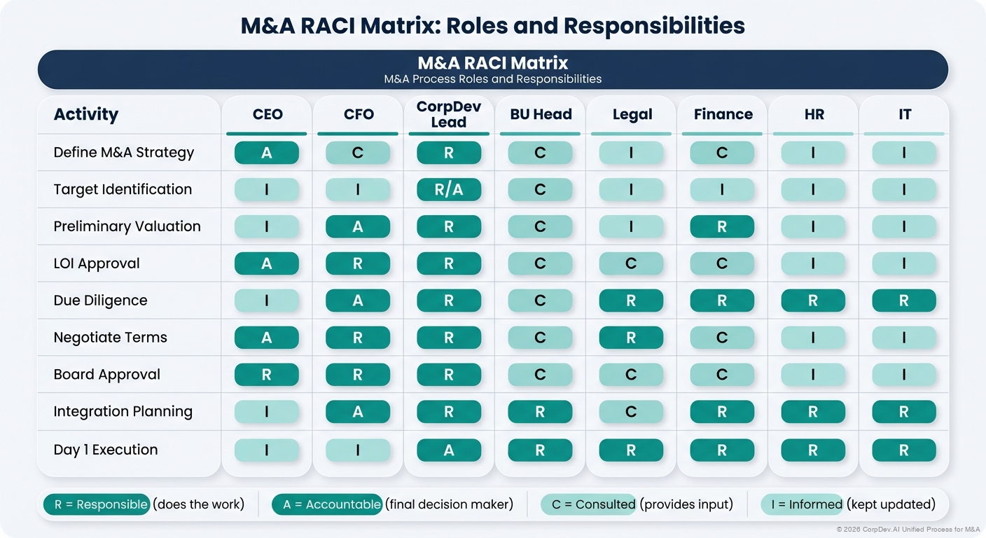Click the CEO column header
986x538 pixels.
pos(267,114)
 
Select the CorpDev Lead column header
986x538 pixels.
pos(448,114)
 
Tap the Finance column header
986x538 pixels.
pos(723,114)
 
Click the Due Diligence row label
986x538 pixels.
pos(100,301)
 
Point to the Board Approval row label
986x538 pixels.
pos(107,375)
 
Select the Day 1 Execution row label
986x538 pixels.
pos(106,450)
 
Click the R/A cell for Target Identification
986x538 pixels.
pos(449,190)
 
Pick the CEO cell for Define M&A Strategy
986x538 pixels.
pos(267,153)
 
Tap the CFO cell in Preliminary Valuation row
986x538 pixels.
pos(358,227)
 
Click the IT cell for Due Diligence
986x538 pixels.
pos(904,301)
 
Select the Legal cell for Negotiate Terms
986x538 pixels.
pos(631,338)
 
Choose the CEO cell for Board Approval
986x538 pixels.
pos(267,375)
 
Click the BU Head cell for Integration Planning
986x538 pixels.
pos(540,412)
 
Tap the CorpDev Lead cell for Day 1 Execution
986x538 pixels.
pos(449,450)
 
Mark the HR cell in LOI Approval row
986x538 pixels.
pos(813,263)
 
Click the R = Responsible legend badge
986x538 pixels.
pos(97,504)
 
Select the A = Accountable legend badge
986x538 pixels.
pos(327,504)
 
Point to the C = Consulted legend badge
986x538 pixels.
pos(588,504)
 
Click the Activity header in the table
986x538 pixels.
pos(86,114)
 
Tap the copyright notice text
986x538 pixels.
pos(908,529)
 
